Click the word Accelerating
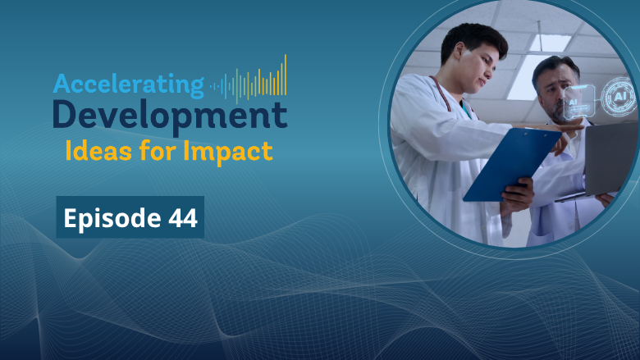[x=128, y=84]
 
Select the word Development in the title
[x=170, y=116]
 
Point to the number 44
[x=183, y=218]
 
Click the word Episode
[x=112, y=219]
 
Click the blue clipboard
[x=512, y=164]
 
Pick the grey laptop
[x=607, y=160]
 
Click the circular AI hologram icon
[x=619, y=97]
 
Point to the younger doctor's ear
[x=459, y=52]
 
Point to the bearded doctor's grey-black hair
[x=555, y=68]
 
